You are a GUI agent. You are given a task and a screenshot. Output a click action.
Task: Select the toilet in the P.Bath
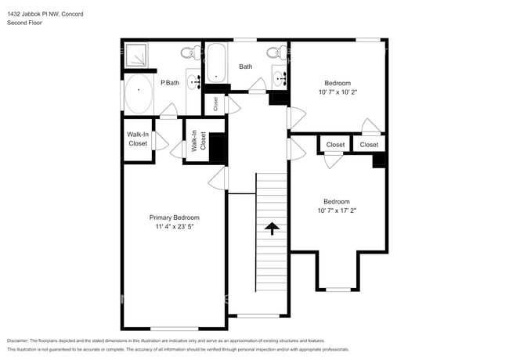[x=188, y=53]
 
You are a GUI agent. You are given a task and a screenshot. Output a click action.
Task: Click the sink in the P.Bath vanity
[x=193, y=81]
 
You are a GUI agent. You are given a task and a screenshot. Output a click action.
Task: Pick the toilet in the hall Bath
[x=273, y=53]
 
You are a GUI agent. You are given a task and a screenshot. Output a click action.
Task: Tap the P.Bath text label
[x=169, y=82]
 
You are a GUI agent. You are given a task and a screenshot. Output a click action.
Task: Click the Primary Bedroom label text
[x=174, y=217]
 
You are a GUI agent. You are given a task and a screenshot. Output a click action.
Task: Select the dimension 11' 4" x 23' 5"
[x=174, y=227]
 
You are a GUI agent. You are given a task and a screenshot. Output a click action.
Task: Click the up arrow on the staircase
[x=272, y=229]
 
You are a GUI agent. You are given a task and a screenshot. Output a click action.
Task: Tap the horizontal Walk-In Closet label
[x=137, y=139]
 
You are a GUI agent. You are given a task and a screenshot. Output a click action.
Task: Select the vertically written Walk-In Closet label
[x=198, y=140]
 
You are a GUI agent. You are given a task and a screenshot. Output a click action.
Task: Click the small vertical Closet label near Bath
[x=215, y=103]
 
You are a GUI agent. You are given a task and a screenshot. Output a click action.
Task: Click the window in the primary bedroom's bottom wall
[x=174, y=328]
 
